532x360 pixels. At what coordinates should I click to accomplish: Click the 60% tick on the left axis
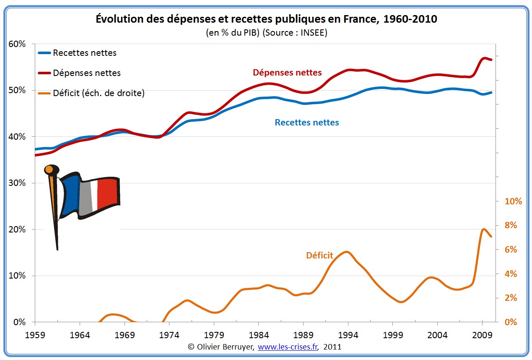click(x=17, y=44)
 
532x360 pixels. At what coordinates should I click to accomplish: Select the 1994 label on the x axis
click(x=348, y=336)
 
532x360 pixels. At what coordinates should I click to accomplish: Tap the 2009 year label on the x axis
click(x=482, y=336)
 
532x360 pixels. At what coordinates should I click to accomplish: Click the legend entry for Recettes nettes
click(x=84, y=53)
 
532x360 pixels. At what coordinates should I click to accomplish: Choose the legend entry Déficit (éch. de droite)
click(x=99, y=93)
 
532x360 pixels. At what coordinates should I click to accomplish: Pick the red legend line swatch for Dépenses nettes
click(x=44, y=73)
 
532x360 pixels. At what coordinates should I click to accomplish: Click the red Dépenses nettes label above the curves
click(x=287, y=73)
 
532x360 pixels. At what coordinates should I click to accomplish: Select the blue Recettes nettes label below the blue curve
click(x=307, y=123)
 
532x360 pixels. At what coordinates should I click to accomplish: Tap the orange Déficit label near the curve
click(x=319, y=255)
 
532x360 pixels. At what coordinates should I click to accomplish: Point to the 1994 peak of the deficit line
click(x=346, y=252)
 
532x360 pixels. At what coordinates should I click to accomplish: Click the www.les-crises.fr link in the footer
click(x=288, y=347)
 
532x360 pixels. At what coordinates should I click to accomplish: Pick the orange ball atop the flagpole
click(x=49, y=170)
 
